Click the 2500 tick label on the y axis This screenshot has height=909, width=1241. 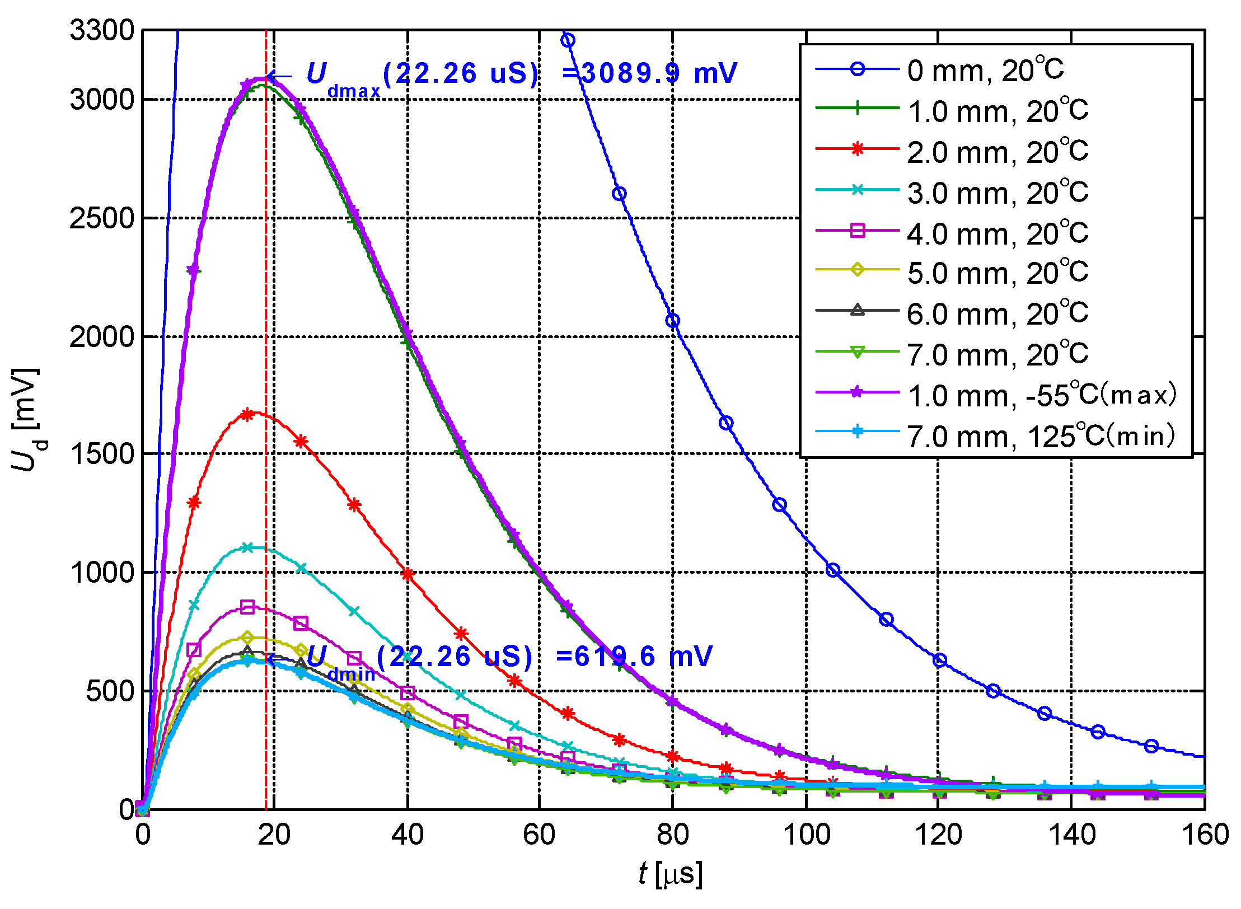[x=102, y=218]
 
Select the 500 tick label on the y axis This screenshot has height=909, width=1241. [x=110, y=691]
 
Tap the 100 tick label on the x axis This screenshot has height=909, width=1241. [x=806, y=835]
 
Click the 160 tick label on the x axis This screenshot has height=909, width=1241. [x=1205, y=835]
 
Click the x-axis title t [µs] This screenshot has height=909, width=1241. [x=670, y=874]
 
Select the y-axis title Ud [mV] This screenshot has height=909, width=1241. [x=25, y=419]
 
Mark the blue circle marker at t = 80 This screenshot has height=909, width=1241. [x=673, y=321]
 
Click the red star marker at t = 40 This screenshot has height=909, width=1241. [x=408, y=574]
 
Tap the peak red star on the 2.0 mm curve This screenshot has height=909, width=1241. [x=247, y=414]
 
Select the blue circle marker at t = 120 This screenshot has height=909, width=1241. [x=940, y=660]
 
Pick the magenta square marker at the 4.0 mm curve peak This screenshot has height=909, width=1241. [x=247, y=607]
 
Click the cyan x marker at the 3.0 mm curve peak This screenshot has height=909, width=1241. [x=247, y=547]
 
